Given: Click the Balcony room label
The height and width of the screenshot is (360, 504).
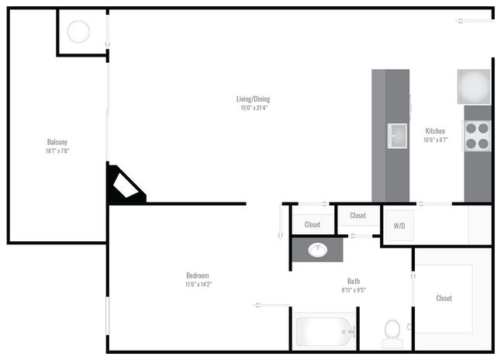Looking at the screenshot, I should click(57, 142).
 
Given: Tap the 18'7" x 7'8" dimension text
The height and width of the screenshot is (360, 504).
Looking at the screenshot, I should click(57, 151).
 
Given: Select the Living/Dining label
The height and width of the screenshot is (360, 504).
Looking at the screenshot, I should click(254, 99).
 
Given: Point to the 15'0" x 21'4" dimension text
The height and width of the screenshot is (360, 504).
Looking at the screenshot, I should click(254, 109).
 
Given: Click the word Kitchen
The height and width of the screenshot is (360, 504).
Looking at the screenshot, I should click(435, 131).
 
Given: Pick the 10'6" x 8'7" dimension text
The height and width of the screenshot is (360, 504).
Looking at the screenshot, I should click(435, 140).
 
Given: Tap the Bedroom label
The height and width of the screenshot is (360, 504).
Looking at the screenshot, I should click(198, 275).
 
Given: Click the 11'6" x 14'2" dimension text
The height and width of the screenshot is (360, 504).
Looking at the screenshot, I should click(198, 285).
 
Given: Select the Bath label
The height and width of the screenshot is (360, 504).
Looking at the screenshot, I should click(353, 282).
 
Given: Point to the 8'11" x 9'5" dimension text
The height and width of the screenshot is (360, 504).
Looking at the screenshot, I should click(353, 291).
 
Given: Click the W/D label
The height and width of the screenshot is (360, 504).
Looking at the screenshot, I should click(399, 227).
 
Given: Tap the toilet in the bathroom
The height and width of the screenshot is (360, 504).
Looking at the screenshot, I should click(392, 331).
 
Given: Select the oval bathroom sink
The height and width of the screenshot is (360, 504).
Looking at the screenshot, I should click(318, 250).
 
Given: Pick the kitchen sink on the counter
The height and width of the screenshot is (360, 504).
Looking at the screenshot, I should click(398, 135).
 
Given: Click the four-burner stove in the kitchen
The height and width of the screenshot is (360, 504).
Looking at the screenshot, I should click(477, 136).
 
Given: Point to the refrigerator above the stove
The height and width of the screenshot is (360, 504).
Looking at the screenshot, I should click(473, 86).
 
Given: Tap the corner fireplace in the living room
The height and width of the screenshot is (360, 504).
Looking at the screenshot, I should click(126, 186).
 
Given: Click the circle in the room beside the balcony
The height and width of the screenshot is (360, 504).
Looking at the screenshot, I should click(78, 32).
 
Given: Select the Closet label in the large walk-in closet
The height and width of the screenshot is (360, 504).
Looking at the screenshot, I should click(444, 298).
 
